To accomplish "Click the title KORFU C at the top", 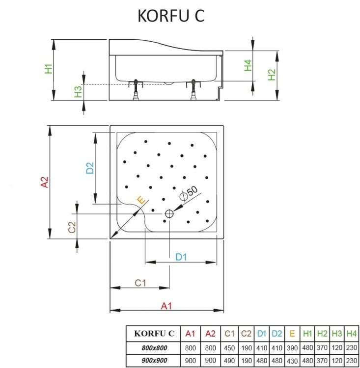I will point(170,16).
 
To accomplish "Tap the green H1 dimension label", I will point(48,69).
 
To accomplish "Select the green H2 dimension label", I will point(272,75).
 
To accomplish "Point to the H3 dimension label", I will point(78,92).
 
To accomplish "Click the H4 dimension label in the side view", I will point(249,65).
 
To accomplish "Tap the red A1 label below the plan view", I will point(166,306).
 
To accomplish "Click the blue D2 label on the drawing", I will point(90,168).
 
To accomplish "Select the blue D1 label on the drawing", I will point(181,257).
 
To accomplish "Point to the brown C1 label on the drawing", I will point(140,283).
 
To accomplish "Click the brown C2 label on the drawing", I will point(72,227).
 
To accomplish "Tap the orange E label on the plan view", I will point(141,200).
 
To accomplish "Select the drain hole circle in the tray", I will point(169,214).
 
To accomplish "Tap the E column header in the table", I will point(292,334).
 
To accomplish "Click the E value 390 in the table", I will point(292,348).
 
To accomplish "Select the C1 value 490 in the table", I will point(229,361).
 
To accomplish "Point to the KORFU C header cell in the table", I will point(154,334).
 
